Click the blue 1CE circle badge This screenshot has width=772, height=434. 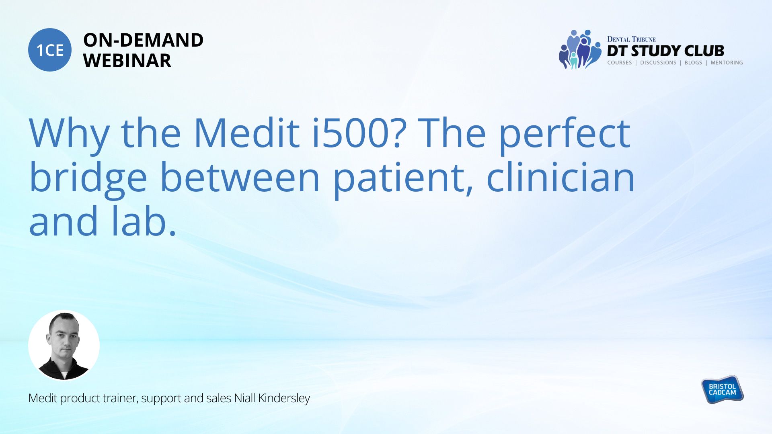(x=50, y=50)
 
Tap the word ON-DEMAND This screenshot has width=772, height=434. (x=143, y=40)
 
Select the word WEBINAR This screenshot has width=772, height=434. (x=127, y=61)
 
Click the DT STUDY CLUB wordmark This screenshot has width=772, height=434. (x=665, y=51)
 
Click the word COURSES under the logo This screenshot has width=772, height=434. (x=620, y=63)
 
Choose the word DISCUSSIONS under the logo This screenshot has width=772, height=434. (x=658, y=63)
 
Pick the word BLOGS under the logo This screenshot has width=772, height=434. (x=693, y=63)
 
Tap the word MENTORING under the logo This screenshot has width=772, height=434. (x=727, y=63)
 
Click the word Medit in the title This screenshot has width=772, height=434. (x=246, y=133)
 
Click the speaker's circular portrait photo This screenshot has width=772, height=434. (x=64, y=345)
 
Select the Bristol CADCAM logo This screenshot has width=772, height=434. (x=722, y=389)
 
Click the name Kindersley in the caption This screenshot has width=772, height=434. (x=284, y=398)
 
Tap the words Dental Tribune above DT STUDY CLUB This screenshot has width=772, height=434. (x=631, y=39)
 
